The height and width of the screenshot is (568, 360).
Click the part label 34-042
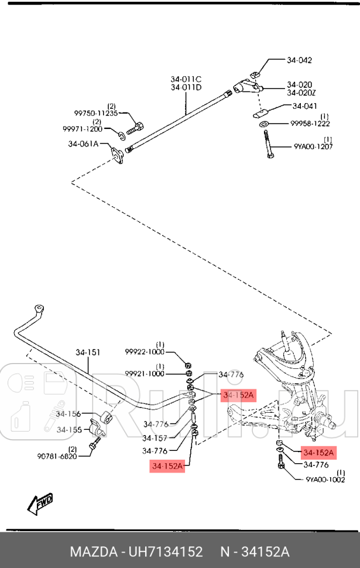click(x=299, y=60)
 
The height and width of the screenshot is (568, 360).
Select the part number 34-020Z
click(x=301, y=93)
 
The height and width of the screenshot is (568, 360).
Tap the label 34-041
click(x=304, y=106)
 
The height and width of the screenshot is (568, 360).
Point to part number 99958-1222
click(x=310, y=124)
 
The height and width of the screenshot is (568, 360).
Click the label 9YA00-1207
click(x=313, y=147)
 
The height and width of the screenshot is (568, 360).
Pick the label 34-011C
click(x=186, y=80)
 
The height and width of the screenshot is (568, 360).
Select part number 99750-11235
click(x=96, y=113)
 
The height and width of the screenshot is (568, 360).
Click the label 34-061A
click(x=83, y=144)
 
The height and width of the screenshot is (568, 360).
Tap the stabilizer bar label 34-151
click(x=88, y=353)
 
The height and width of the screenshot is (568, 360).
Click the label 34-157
click(x=155, y=437)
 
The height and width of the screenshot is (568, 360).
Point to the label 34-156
click(x=69, y=413)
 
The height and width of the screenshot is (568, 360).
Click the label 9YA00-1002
click(x=325, y=479)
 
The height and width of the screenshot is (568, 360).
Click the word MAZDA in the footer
click(x=93, y=552)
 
